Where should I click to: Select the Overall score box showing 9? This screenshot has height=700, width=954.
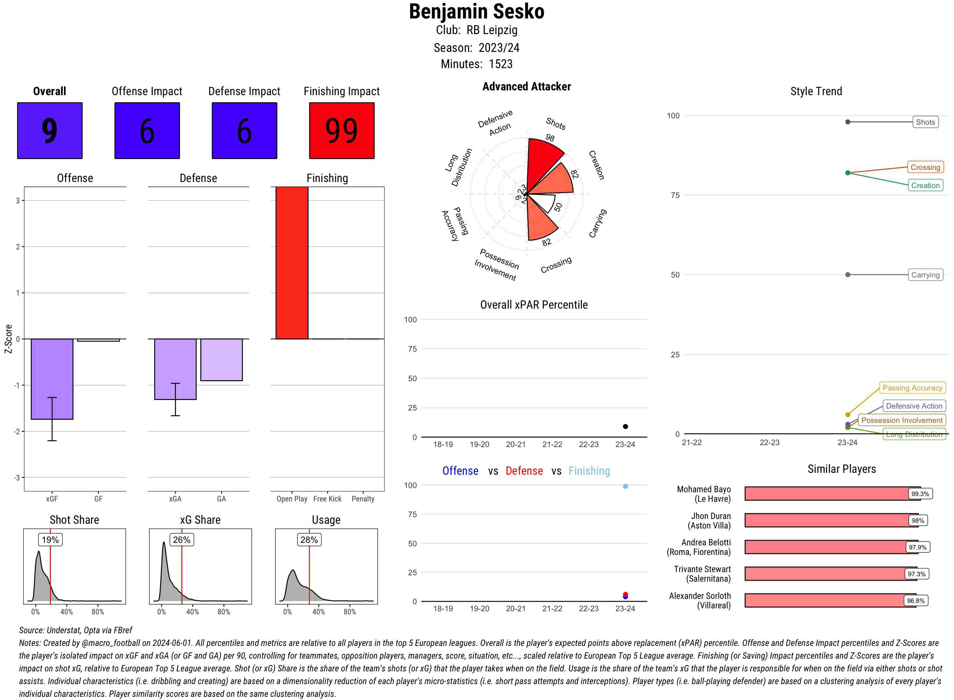tap(50, 130)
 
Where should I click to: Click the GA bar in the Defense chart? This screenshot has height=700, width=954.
tap(221, 360)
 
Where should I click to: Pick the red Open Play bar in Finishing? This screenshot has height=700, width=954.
tap(292, 263)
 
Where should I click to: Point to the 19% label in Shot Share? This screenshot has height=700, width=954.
tap(50, 540)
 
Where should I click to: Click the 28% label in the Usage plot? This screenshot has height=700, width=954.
tap(309, 540)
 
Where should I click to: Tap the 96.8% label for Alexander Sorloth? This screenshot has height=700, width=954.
tap(916, 601)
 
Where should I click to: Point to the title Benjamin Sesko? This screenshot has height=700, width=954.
tap(476, 12)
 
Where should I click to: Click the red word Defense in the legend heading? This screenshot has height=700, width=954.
tap(524, 471)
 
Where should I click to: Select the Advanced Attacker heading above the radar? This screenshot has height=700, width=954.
tap(526, 87)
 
